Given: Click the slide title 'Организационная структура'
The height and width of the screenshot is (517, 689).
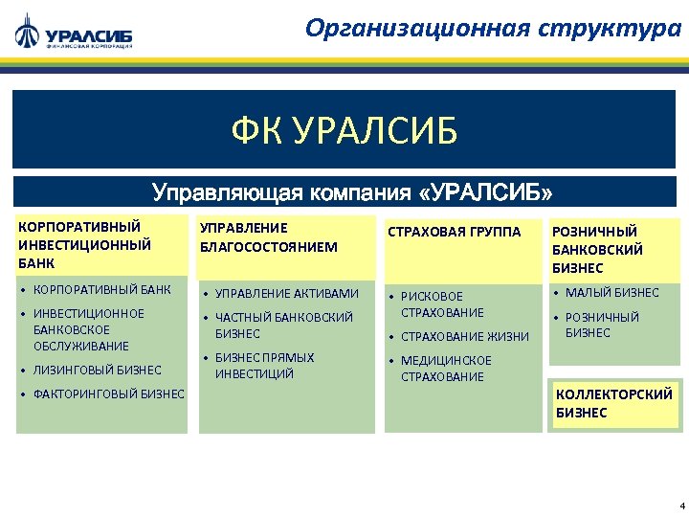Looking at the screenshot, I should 493,28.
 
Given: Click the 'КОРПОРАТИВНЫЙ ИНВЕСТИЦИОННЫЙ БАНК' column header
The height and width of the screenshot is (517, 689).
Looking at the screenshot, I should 85,243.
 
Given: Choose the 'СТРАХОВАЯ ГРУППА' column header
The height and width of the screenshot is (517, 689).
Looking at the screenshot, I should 454,232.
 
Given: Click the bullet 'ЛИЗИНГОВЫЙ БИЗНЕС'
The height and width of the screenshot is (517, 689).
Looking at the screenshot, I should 97,370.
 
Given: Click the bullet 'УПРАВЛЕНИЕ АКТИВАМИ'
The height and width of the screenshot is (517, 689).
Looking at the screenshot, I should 286,293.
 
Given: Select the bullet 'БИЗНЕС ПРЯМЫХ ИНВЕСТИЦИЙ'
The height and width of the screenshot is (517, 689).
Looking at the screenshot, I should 264,366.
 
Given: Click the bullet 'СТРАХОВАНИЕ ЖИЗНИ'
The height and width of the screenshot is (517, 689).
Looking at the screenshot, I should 464,336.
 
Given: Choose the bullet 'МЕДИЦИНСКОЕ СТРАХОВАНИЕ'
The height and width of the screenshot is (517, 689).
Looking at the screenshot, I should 446,369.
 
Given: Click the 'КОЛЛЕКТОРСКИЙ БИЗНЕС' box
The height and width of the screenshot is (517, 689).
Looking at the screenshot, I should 613,403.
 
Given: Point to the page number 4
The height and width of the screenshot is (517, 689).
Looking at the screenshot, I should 680,505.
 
